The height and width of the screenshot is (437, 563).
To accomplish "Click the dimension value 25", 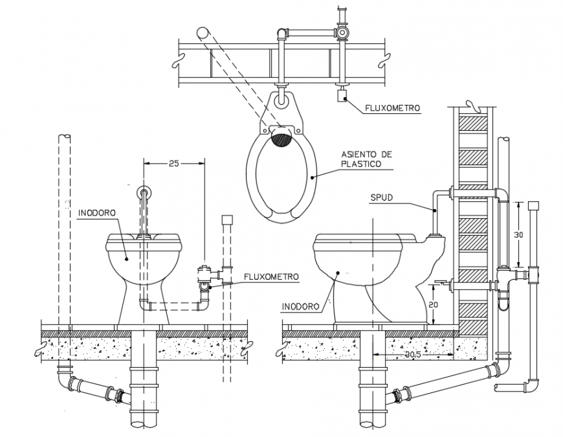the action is [173, 163].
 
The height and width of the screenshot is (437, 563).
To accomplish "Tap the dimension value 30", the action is [518, 235].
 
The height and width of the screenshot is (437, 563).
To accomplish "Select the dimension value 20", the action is [434, 304].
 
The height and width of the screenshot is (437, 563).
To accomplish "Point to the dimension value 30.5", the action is [412, 354].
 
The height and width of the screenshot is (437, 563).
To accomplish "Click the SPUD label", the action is [382, 198].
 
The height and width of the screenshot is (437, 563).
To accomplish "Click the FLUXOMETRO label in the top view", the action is [392, 107].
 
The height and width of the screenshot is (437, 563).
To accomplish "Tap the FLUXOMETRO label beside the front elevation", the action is [271, 277].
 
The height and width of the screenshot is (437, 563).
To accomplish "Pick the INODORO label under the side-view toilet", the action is [300, 307].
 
